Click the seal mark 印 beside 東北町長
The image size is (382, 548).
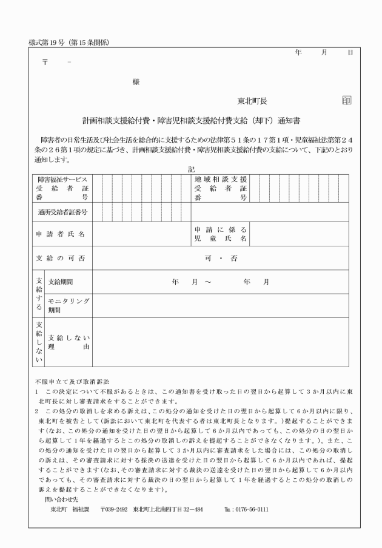pos(346,100)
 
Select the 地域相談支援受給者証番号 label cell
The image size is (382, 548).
pos(221,189)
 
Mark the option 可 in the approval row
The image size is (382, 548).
pos(208,259)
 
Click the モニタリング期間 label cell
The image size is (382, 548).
pos(69,305)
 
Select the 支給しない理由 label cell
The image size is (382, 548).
pos(69,342)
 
